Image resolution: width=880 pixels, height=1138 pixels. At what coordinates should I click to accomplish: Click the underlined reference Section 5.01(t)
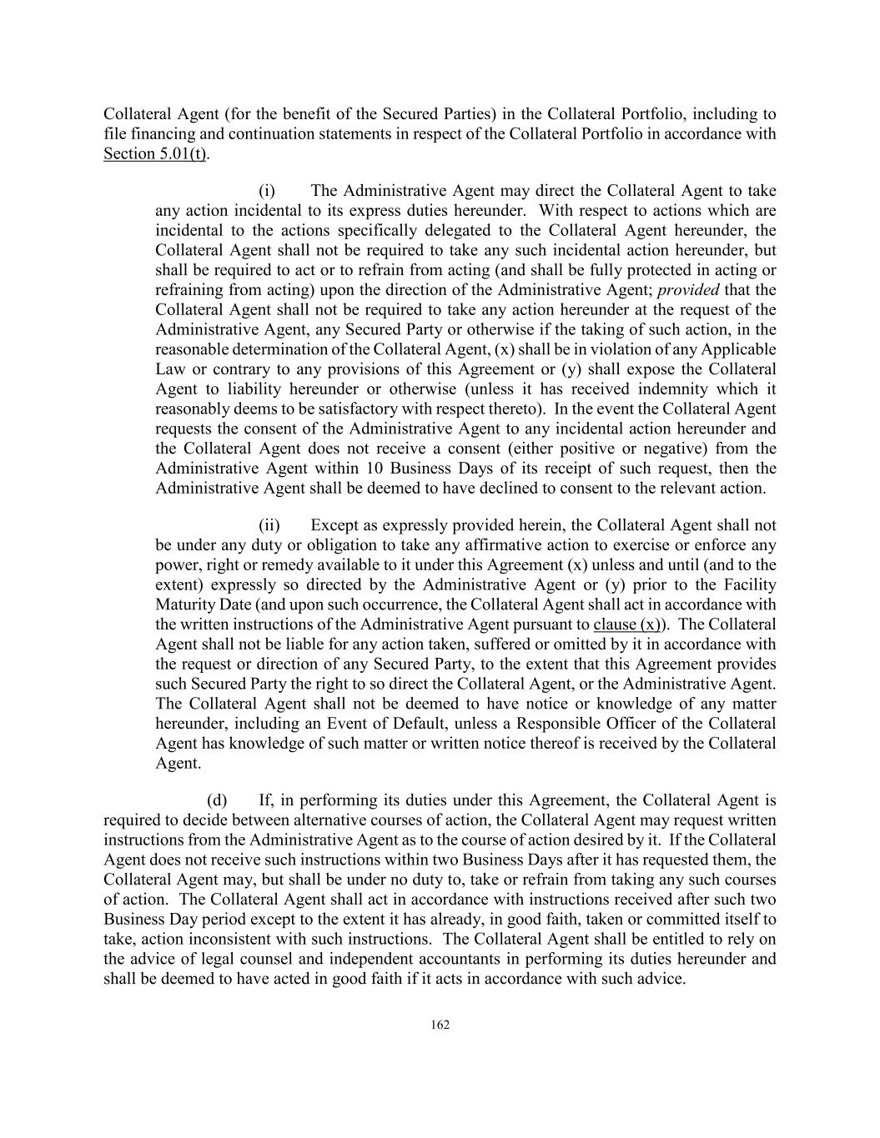click(156, 154)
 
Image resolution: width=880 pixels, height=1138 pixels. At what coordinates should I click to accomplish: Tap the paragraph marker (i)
click(267, 191)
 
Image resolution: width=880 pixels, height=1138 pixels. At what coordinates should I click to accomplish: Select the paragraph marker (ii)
click(269, 525)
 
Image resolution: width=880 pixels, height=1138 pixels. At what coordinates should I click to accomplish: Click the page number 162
click(440, 1025)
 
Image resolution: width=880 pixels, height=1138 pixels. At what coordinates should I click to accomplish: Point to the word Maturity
click(187, 604)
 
